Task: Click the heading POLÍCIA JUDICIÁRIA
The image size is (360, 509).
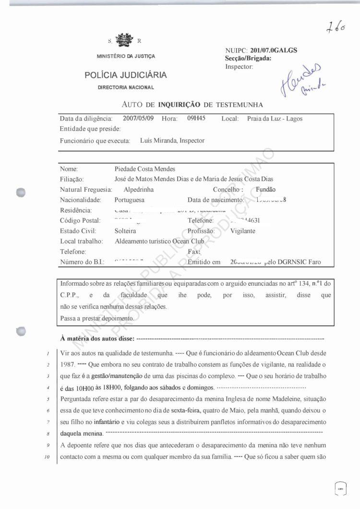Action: tap(126, 75)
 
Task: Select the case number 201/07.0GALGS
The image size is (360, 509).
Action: tap(274, 50)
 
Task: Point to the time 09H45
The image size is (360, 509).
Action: tap(196, 119)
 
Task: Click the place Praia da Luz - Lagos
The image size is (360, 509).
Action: tap(275, 119)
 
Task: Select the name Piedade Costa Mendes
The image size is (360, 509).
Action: tap(145, 169)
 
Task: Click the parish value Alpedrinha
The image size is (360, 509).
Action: tap(139, 190)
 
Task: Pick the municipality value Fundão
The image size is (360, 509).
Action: tap(266, 190)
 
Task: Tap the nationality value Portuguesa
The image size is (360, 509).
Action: tap(130, 200)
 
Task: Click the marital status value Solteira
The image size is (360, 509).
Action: tap(126, 231)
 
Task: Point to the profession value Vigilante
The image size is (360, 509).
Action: tap(243, 231)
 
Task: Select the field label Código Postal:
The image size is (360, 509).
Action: tap(80, 220)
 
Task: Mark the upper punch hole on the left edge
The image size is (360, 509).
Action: tap(20, 191)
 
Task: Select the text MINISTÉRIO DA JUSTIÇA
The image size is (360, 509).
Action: tap(126, 56)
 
